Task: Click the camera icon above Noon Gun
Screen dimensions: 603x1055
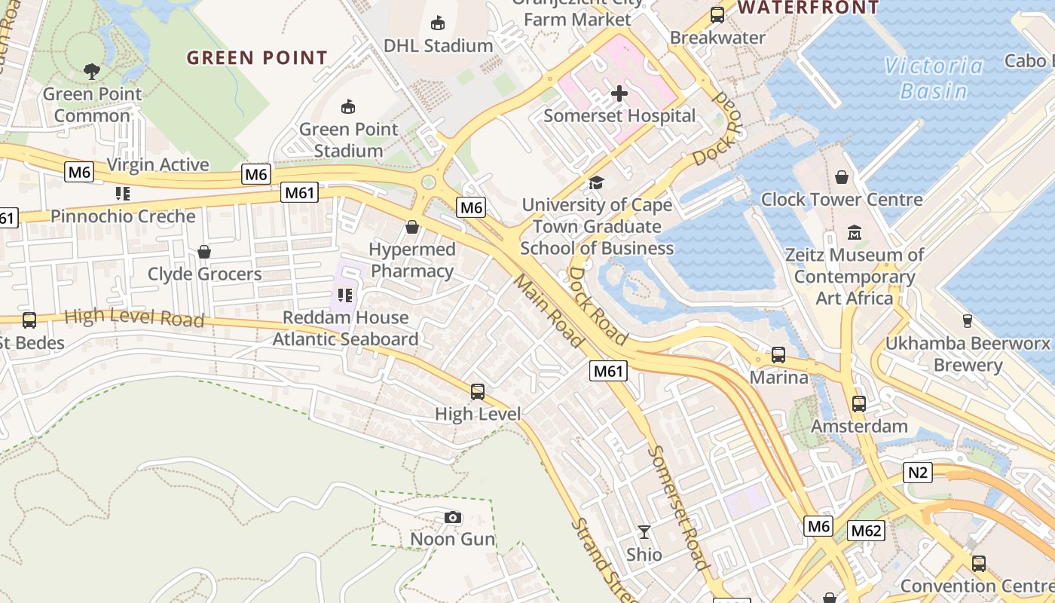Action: point(452,517)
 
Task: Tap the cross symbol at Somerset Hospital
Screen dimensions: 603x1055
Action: point(619,93)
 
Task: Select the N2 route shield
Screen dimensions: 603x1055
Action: point(917,473)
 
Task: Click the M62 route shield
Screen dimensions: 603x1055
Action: point(866,531)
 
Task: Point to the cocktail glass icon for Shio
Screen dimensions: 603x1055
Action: point(644,532)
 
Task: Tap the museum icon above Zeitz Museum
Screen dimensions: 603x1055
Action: point(855,232)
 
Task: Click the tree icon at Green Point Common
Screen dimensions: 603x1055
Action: point(92,72)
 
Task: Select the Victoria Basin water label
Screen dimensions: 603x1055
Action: point(934,78)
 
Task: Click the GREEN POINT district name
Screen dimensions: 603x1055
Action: point(257,58)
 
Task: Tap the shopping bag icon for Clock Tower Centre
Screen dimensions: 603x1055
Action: point(842,177)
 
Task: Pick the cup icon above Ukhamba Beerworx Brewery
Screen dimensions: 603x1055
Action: point(968,321)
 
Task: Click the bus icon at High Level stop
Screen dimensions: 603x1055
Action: point(478,392)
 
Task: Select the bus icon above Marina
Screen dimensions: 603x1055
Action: point(778,354)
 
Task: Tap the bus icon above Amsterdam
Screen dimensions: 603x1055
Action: point(859,404)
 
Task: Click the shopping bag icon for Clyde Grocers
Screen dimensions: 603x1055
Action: point(204,251)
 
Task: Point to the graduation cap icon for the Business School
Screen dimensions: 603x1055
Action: point(596,182)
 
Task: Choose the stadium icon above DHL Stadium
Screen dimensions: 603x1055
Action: point(438,23)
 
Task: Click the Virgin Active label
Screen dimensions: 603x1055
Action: point(158,165)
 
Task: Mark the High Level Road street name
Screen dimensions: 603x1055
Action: point(134,317)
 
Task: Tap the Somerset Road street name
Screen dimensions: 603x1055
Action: point(679,507)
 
